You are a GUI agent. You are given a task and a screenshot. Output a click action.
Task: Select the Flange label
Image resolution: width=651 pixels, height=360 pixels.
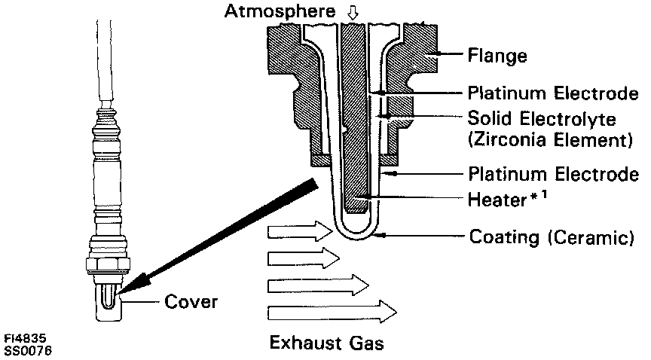pos(497,55)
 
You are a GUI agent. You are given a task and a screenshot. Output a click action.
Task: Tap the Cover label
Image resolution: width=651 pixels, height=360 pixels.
pos(191,303)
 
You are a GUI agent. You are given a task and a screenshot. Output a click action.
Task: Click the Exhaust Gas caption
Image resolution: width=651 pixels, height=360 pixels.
pos(327,344)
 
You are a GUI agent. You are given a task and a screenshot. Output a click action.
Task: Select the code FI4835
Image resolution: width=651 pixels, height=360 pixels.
pos(20,339)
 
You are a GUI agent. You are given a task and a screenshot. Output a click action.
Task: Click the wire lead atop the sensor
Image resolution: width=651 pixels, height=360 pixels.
pos(105,60)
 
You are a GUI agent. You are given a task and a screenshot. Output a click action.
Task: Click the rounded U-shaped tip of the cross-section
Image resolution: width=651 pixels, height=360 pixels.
pos(353,233)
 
